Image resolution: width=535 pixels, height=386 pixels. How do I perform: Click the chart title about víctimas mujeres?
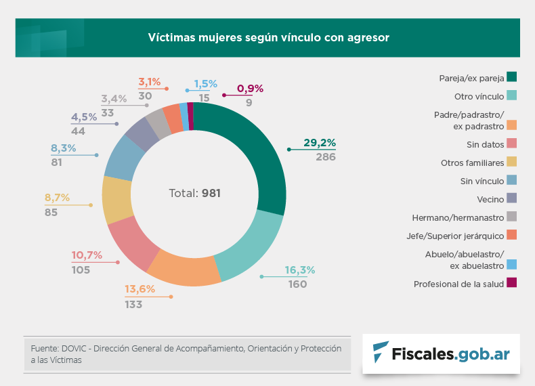point(269,38)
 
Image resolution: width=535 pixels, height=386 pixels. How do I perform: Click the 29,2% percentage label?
point(320,143)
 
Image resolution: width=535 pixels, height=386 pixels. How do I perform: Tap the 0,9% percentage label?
point(250,89)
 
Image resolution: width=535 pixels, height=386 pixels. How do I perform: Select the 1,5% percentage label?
point(205,84)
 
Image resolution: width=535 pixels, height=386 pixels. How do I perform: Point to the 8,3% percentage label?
point(63,148)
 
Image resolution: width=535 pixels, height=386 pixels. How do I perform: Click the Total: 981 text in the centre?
point(194,193)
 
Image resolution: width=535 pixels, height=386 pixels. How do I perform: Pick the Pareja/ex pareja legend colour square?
point(512,77)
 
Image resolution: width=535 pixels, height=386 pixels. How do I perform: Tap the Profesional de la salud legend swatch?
point(512,284)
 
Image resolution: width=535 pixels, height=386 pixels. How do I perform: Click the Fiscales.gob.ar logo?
point(441,353)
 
